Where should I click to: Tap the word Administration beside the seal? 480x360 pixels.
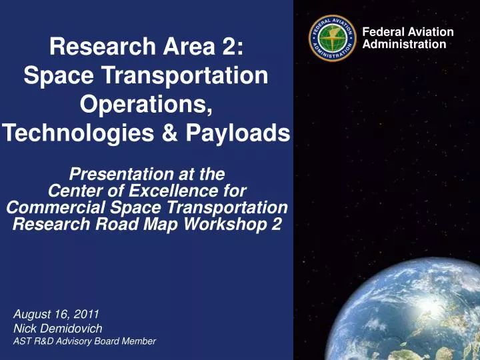coord(404,44)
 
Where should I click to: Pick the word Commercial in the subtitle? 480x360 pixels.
coord(54,207)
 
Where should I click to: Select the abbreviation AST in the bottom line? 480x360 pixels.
coord(23,341)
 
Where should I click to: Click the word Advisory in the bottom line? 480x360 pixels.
coord(75,341)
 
